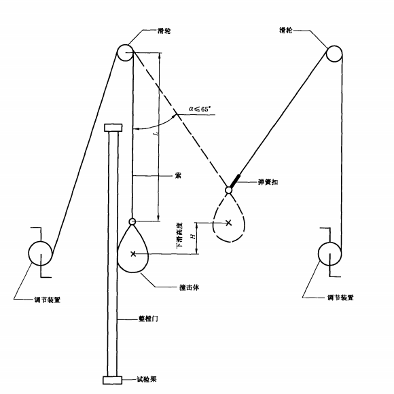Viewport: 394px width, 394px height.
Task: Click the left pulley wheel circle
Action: pyautogui.click(x=118, y=53)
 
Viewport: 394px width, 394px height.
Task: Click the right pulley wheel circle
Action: pyautogui.click(x=327, y=54)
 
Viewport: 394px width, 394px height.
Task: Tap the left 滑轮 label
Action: pyautogui.click(x=164, y=31)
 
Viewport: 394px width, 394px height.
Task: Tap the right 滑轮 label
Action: pyautogui.click(x=286, y=30)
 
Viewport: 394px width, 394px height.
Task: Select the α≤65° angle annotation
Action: pyautogui.click(x=200, y=109)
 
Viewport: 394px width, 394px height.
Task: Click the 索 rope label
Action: pyautogui.click(x=178, y=175)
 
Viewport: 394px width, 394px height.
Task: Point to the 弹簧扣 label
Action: pyautogui.click(x=268, y=182)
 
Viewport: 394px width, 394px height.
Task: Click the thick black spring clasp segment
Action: pyautogui.click(x=235, y=181)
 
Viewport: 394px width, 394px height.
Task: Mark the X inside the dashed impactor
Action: pyautogui.click(x=228, y=222)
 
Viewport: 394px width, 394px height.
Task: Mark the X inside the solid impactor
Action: pyautogui.click(x=133, y=254)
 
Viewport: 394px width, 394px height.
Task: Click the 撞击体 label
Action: pyautogui.click(x=190, y=287)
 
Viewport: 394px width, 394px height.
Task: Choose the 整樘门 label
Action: pyautogui.click(x=148, y=319)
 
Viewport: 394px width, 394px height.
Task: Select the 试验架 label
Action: pyautogui.click(x=147, y=379)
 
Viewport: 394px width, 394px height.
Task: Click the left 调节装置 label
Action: pyautogui.click(x=48, y=300)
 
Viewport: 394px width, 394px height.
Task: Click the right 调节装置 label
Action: pyautogui.click(x=340, y=298)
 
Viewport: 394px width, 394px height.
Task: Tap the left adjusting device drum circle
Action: pyautogui.click(x=29, y=253)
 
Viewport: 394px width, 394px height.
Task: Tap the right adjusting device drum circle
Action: pyautogui.click(x=319, y=254)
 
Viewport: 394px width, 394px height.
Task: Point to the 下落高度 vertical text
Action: pyautogui.click(x=179, y=236)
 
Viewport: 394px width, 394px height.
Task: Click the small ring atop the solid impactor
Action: pyautogui.click(x=132, y=219)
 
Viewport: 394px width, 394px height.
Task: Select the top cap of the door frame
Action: pyautogui.click(x=113, y=128)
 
